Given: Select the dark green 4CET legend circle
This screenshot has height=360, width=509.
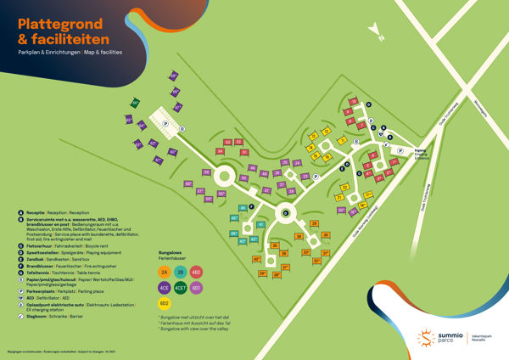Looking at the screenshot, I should tap(181, 287).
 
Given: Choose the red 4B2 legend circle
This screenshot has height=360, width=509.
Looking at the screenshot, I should tap(196, 273).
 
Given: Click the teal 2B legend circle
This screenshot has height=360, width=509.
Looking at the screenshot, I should tap(181, 273).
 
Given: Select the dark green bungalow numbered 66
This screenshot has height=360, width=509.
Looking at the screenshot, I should tap(135, 103).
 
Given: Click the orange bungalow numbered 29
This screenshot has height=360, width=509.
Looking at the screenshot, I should tap(313, 223).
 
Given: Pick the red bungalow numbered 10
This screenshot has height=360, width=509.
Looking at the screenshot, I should tap(354, 101).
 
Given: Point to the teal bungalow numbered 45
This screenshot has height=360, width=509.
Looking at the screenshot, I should tap(242, 208).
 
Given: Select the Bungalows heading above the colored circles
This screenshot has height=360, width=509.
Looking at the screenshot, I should tap(171, 253).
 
